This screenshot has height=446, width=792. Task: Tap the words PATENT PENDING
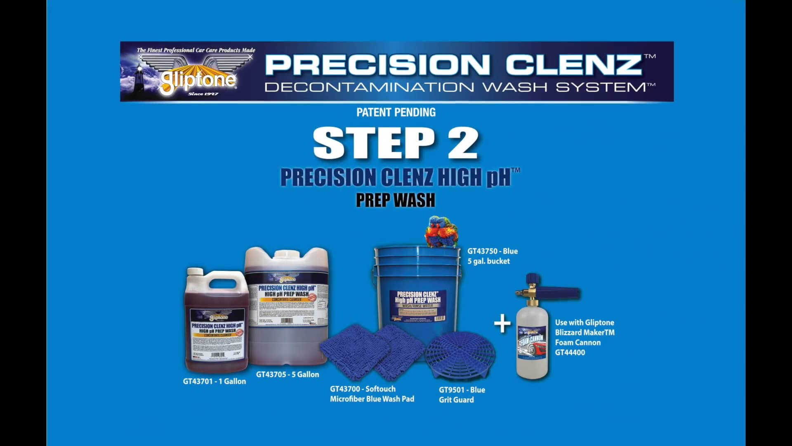tap(396, 112)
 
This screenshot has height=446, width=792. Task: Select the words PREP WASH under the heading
tap(395, 200)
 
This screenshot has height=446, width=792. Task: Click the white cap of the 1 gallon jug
tap(195, 272)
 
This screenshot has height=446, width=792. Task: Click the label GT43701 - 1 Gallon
tap(214, 382)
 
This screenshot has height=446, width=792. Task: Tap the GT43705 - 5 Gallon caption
tap(288, 375)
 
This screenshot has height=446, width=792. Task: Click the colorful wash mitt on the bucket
tap(441, 232)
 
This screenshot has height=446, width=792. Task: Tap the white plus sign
tap(502, 323)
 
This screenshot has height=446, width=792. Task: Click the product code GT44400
tap(570, 352)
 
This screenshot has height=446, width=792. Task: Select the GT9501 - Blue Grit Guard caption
tap(462, 394)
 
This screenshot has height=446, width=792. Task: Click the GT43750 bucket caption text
tap(492, 256)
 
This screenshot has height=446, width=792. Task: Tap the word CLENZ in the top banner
tap(574, 65)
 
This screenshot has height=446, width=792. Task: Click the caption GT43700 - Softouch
tap(363, 389)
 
